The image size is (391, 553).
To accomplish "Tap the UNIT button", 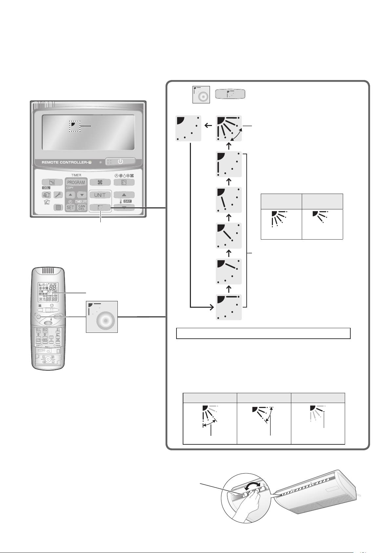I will point(100,195).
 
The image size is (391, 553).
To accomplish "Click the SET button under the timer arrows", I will point(70,207).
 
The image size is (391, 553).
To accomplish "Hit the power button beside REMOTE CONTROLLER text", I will point(120,161).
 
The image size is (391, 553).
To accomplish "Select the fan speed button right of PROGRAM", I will point(100,182).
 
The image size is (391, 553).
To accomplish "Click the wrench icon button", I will point(58,195).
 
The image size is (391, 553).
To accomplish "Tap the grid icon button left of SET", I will point(59,207).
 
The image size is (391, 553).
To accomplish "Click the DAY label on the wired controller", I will point(127,201).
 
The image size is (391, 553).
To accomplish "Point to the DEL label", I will point(46,188).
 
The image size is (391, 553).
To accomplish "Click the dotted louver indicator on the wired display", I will point(74,126).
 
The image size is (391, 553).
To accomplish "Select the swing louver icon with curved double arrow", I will point(229,128).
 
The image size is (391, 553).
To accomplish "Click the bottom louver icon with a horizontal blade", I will point(229,307).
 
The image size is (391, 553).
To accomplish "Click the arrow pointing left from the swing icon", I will point(208,125).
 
